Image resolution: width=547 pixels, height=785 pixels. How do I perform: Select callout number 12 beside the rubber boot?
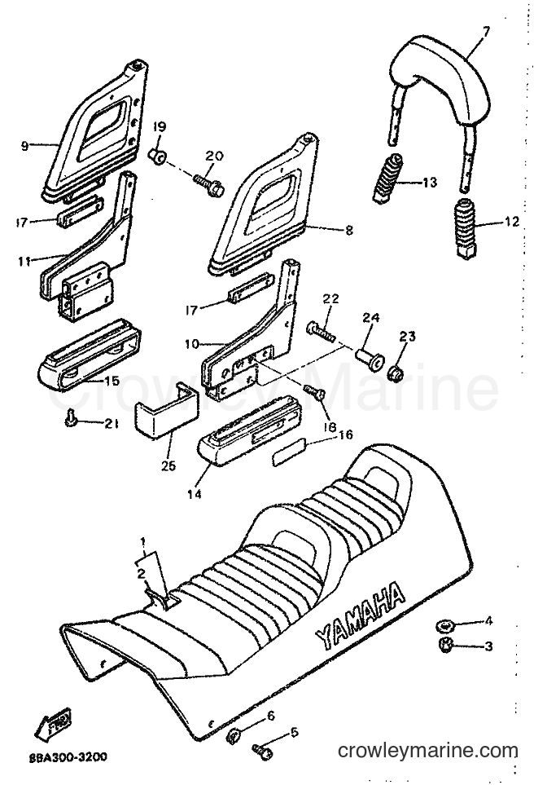coord(510,221)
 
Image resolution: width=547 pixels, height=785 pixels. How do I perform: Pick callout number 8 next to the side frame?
coord(348,230)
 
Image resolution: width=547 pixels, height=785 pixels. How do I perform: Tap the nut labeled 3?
coord(445,645)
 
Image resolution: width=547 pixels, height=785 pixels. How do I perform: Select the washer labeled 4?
coord(444,624)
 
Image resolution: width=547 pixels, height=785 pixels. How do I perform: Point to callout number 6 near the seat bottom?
coord(270,716)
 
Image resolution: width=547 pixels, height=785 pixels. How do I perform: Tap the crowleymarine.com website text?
coord(428,751)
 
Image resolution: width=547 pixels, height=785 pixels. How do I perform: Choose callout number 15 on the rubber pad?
coord(111,381)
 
